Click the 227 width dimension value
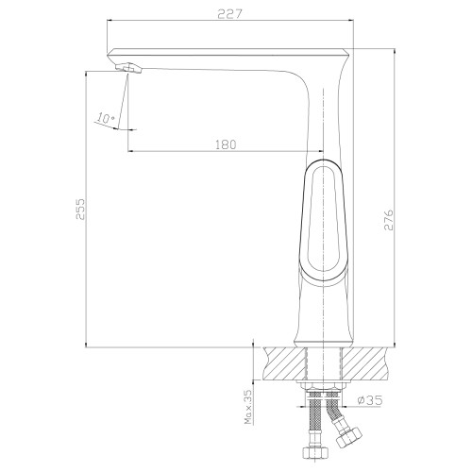[x=230, y=14]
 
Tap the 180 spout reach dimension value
[x=226, y=144]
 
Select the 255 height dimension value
[x=80, y=209]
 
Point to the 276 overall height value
[x=389, y=220]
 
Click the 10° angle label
[x=106, y=118]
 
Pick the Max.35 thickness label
[x=248, y=407]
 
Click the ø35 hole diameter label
[x=370, y=400]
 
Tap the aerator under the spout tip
[x=129, y=68]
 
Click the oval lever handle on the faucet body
[x=323, y=220]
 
